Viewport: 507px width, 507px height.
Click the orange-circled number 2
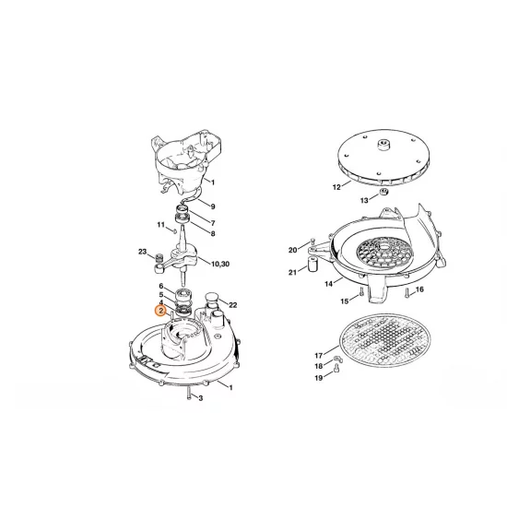[x=160, y=311]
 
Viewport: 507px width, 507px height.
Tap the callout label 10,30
[x=220, y=265]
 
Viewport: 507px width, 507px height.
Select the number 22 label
[x=233, y=304]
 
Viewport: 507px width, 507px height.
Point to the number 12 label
[x=336, y=187]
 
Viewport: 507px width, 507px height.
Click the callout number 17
[x=319, y=356]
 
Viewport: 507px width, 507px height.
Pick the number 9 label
[x=212, y=206]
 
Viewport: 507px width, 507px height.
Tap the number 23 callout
[x=142, y=252]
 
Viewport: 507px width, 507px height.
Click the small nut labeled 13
[x=383, y=192]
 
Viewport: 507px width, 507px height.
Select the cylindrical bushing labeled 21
[x=312, y=265]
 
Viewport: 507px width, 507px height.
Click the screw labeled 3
[x=189, y=394]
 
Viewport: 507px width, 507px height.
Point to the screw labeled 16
[x=407, y=292]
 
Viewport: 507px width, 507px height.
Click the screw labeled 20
[x=312, y=242]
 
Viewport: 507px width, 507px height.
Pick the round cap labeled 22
[x=211, y=297]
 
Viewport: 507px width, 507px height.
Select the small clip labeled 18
[x=337, y=359]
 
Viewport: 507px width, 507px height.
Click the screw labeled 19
[x=336, y=367]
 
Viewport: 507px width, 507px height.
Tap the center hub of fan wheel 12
[x=384, y=144]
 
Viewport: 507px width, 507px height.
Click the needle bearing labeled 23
[x=159, y=258]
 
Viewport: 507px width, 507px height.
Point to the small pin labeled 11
[x=173, y=230]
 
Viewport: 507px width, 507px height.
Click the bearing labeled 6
[x=183, y=295]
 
